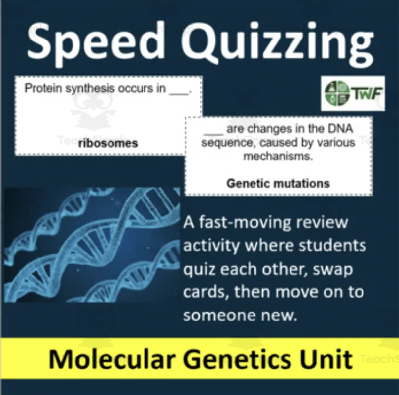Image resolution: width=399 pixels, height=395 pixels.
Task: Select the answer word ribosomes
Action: click(108, 144)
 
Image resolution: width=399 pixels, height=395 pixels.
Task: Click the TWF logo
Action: click(353, 93)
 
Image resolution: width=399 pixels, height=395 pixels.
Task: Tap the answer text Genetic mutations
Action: click(278, 183)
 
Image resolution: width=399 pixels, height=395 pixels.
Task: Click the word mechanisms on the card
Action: click(278, 157)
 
